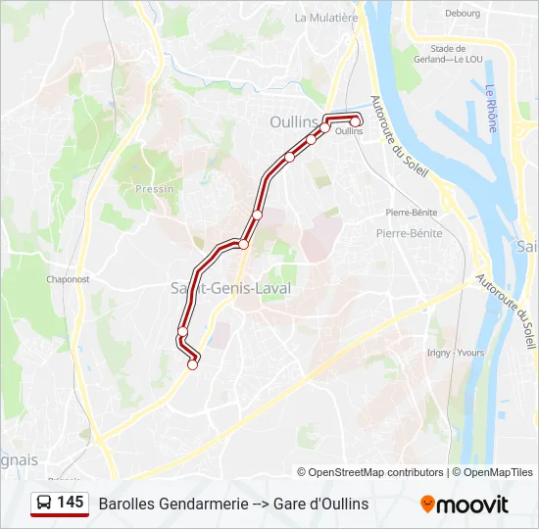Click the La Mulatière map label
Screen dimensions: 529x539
pyautogui.click(x=326, y=18)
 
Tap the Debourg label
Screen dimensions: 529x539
pyautogui.click(x=463, y=14)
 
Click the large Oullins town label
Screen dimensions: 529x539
pyautogui.click(x=294, y=122)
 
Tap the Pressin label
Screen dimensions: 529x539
pyautogui.click(x=156, y=189)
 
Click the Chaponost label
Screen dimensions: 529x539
pyautogui.click(x=69, y=279)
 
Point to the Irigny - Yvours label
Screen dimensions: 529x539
pyautogui.click(x=456, y=353)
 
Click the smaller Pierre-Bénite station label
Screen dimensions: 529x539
pyautogui.click(x=411, y=212)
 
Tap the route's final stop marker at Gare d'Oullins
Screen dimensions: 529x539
pyautogui.click(x=356, y=120)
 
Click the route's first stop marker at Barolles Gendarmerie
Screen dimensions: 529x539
pyautogui.click(x=193, y=364)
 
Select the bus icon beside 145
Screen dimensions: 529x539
pyautogui.click(x=44, y=504)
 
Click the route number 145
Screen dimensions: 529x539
pyautogui.click(x=71, y=503)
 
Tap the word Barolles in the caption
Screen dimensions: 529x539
pyautogui.click(x=124, y=504)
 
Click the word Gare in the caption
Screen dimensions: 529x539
pyautogui.click(x=290, y=504)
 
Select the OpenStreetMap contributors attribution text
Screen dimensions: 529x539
pyautogui.click(x=369, y=472)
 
